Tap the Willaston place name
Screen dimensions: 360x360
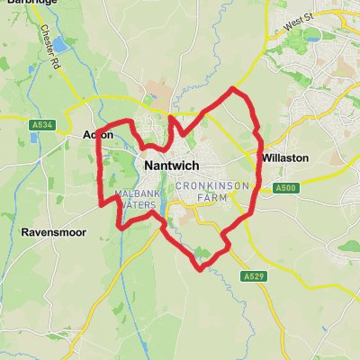coord(285,157)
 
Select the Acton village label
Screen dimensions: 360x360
coord(97,135)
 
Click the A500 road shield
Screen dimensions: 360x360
coord(286,187)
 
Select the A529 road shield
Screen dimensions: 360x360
coord(252,277)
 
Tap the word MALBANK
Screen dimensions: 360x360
coord(135,193)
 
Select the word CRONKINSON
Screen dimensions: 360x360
coord(211,185)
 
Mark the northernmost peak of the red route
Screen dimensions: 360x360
coord(234,89)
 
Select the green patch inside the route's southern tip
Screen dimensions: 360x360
coord(203,255)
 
